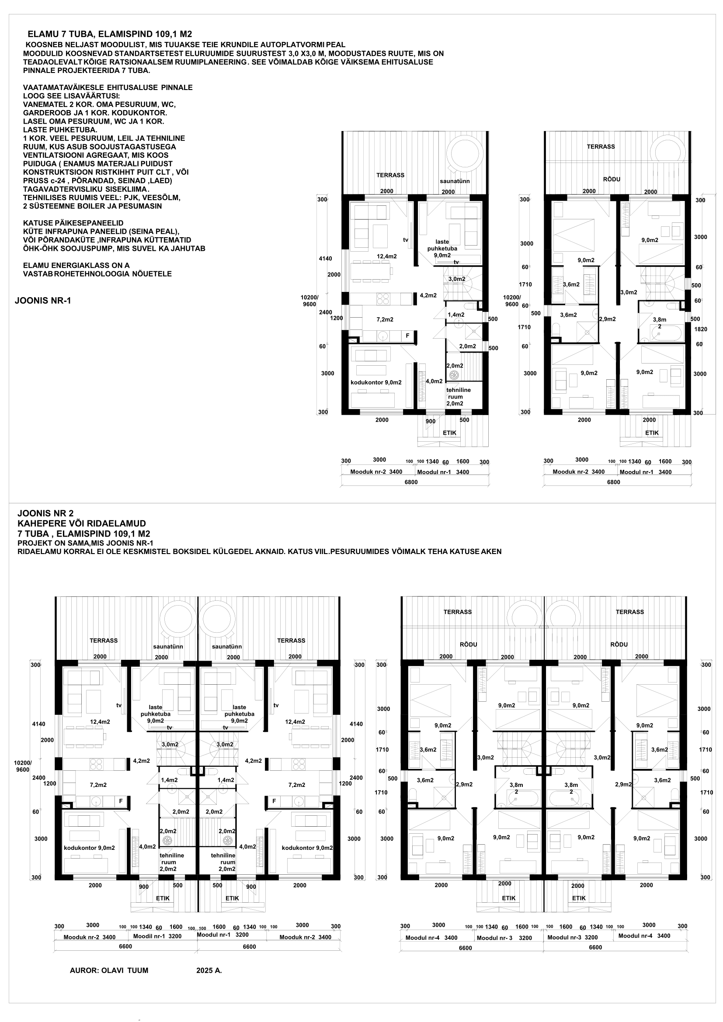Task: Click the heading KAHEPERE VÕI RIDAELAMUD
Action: tap(82, 523)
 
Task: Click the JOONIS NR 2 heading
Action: tap(45, 513)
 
